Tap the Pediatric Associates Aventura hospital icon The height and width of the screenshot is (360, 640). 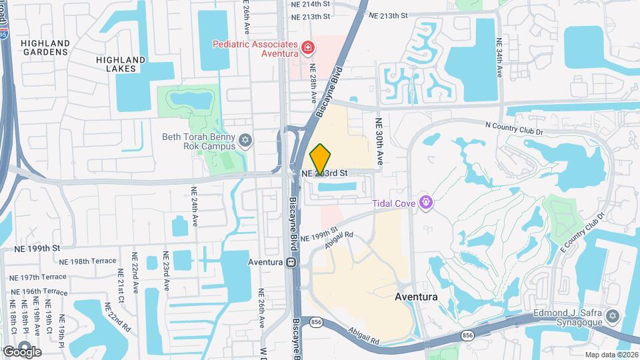(x=308, y=47)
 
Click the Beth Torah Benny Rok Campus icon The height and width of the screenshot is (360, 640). (x=245, y=141)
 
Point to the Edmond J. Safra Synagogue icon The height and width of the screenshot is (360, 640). (x=613, y=314)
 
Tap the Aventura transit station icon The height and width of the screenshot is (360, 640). (x=291, y=262)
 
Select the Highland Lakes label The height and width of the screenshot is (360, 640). (x=121, y=64)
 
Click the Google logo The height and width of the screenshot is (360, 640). (x=21, y=351)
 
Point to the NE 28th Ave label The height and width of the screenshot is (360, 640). (x=313, y=83)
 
